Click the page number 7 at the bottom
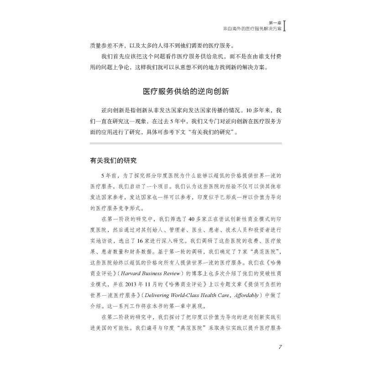[x=280, y=346]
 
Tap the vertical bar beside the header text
[x=285, y=25]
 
